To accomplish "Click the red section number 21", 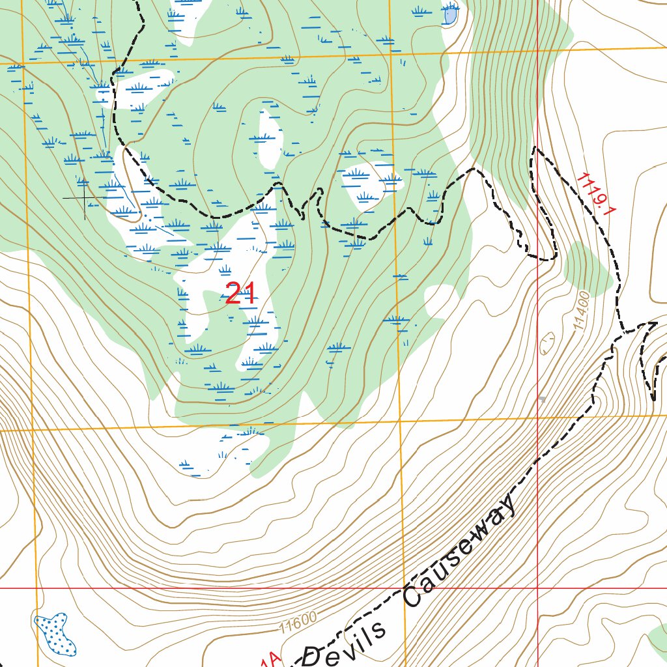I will coord(240,294).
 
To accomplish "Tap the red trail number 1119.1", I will coord(596,194).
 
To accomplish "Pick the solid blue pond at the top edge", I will coord(450,14).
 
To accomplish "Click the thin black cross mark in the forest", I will coord(85,197).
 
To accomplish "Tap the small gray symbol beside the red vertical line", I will coord(542,399).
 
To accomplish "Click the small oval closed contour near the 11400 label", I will coord(547,342).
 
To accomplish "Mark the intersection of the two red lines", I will coord(538,588).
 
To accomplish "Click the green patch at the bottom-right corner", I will coord(659,636).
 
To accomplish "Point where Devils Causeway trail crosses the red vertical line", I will coord(538,459).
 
